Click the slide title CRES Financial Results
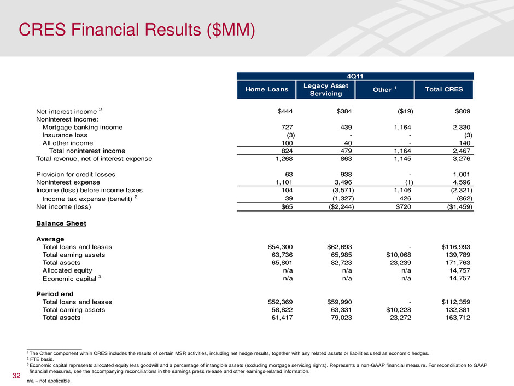[x=137, y=30]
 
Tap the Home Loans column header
[x=266, y=90]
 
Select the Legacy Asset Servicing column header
[x=325, y=90]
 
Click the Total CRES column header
[x=444, y=90]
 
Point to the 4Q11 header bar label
[x=355, y=77]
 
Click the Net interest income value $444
[x=285, y=111]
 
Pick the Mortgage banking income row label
[x=83, y=128]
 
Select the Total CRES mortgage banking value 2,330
[x=461, y=128]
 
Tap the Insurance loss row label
[x=65, y=135]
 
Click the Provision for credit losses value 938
[x=346, y=174]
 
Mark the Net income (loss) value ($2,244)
[x=341, y=207]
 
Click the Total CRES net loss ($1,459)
[x=459, y=207]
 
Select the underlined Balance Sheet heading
[x=61, y=223]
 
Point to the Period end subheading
[x=55, y=294]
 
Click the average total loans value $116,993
[x=455, y=247]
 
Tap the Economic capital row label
[x=69, y=279]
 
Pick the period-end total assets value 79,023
[x=341, y=318]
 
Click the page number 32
[x=16, y=376]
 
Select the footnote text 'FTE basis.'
[x=42, y=359]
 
